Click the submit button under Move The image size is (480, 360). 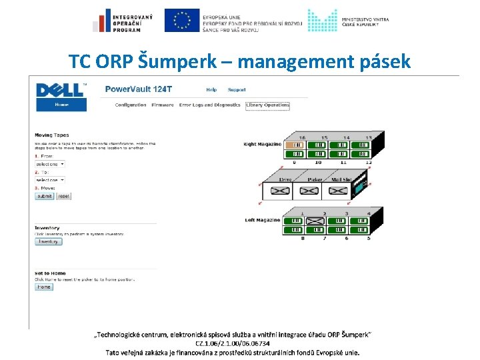coord(45,196)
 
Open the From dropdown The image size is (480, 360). coord(50,163)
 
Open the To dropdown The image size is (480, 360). coord(50,180)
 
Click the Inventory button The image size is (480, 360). coord(48,241)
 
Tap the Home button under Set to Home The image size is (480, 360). coord(43,287)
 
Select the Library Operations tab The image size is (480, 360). coord(267,105)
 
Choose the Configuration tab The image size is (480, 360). coord(131,105)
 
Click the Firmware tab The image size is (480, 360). coord(163,105)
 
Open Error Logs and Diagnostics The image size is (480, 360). coord(209,105)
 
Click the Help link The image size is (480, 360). coord(211,89)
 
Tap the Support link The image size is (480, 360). coord(237,89)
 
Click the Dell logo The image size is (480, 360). coord(61,90)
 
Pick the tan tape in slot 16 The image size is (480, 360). coord(294,145)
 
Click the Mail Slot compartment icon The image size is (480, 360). coord(339,191)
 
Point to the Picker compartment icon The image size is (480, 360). coord(311,191)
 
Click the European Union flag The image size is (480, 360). coord(181,20)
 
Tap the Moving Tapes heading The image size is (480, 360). coord(52,135)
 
